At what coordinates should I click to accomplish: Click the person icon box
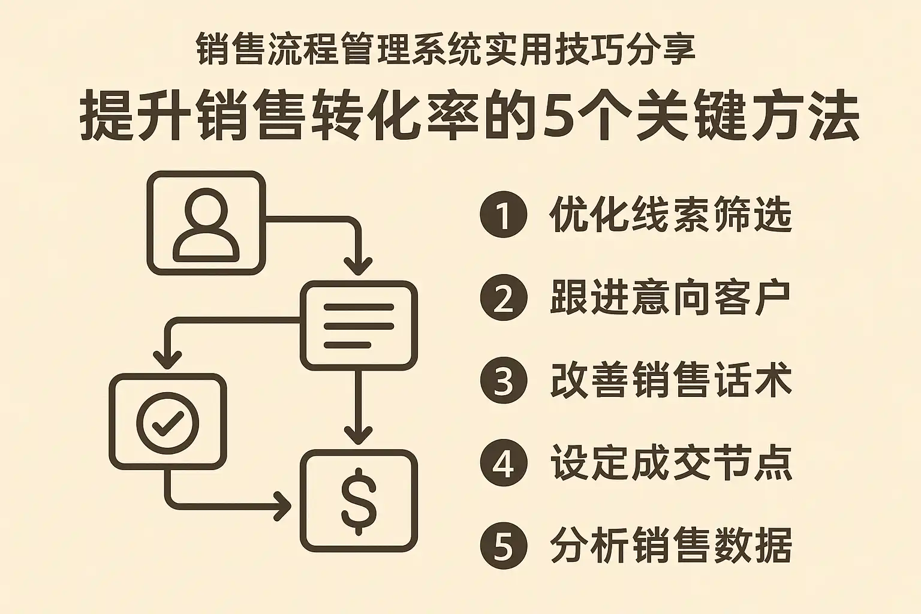point(206,223)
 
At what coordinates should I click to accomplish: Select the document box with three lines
point(359,326)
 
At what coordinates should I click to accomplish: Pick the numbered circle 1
point(503,215)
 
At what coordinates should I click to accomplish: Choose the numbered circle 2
point(503,298)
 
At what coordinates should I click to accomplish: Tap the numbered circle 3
point(503,381)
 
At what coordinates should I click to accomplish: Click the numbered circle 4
point(503,463)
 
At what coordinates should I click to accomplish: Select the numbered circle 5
point(503,546)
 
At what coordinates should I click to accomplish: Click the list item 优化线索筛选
point(670,215)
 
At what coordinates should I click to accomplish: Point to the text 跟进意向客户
point(670,298)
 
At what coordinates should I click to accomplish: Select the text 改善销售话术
point(670,381)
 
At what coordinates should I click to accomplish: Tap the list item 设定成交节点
point(670,463)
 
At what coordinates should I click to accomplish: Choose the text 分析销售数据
point(670,546)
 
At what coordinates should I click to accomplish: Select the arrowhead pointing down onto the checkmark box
point(167,360)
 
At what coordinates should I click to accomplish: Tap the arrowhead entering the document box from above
point(358,265)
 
